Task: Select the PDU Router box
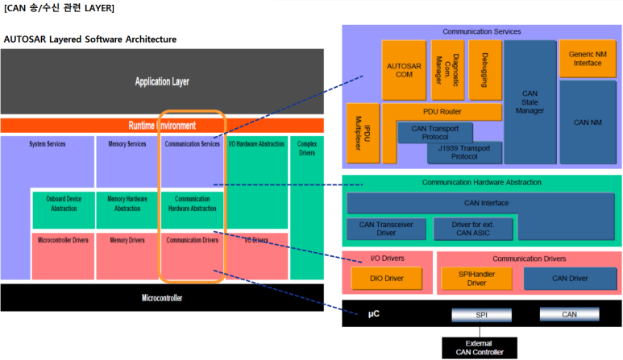441,112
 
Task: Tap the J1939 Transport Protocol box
464,151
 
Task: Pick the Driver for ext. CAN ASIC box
472,229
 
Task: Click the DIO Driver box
388,279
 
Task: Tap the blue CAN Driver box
570,279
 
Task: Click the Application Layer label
162,81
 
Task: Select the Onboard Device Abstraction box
63,204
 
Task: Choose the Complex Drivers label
306,149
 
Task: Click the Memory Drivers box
127,240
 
